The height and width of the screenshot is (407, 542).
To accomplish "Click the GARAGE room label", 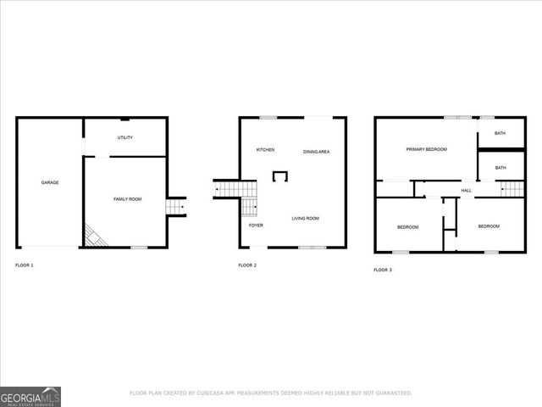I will tap(50, 182).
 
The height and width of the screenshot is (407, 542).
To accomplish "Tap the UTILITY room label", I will tap(125, 137).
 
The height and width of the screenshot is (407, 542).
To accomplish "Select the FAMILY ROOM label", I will tap(127, 198).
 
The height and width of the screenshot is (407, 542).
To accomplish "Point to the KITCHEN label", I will tap(265, 150).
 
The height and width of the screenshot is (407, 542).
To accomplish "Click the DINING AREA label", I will tap(316, 152).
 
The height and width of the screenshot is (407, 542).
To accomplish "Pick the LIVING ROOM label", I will tap(305, 219).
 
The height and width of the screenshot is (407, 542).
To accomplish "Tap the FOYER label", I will tap(255, 226).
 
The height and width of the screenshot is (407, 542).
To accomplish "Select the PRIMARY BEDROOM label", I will tap(426, 149).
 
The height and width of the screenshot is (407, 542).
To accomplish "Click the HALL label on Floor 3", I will tap(466, 191).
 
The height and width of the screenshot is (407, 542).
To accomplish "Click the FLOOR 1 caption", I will tap(25, 266).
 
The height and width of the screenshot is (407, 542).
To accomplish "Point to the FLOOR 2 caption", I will tap(247, 266).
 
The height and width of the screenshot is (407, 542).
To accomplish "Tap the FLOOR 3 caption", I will tap(383, 270).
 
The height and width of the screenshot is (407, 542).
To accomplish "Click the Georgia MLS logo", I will tap(30, 396).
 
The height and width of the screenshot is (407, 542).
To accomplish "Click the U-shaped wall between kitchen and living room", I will tap(279, 176).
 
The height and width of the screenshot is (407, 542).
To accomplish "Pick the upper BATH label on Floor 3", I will tap(500, 133).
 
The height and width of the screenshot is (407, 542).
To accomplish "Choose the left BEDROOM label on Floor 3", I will tap(408, 226).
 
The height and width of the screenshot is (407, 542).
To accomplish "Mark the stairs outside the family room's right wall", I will tap(176, 206).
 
